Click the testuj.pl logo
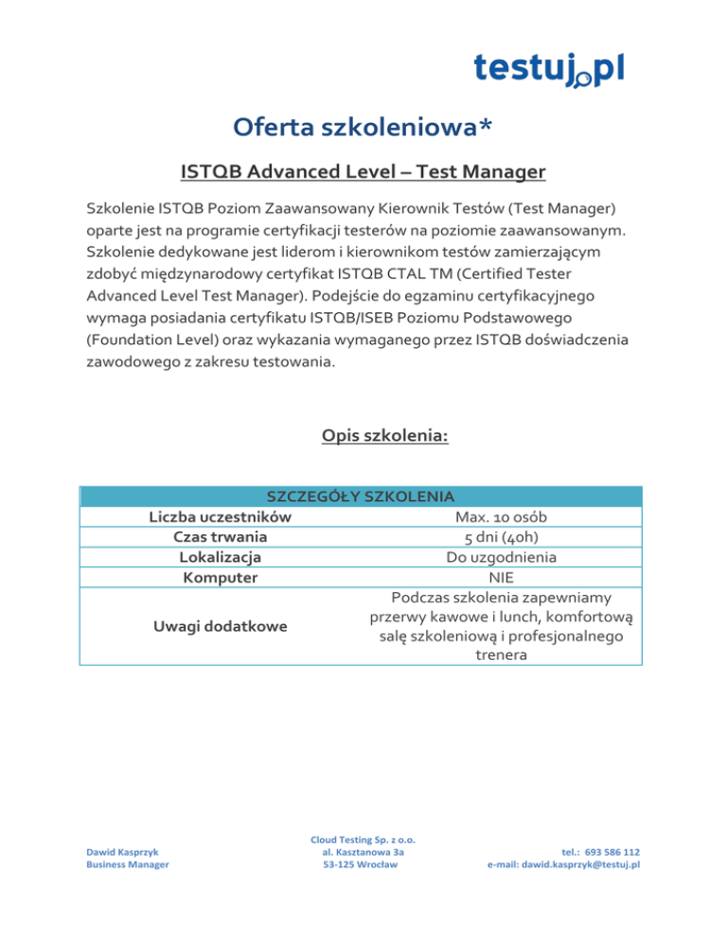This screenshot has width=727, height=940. [x=548, y=69]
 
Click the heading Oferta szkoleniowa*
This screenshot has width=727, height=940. [x=363, y=126]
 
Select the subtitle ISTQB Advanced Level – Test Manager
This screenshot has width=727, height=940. [x=363, y=172]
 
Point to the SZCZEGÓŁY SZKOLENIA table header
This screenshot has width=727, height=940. [x=363, y=496]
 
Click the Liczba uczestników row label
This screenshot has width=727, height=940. [x=220, y=517]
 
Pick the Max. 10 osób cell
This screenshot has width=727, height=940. [x=501, y=517]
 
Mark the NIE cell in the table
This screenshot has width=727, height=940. [x=501, y=577]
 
